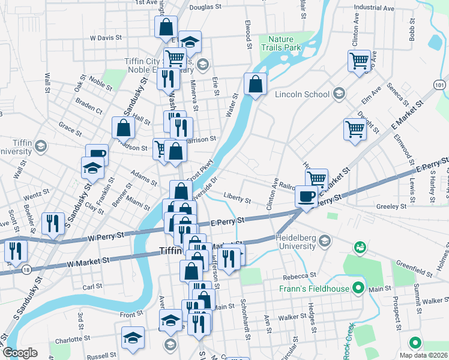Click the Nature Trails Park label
(x=284, y=43)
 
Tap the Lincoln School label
(x=302, y=94)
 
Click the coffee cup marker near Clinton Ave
(x=307, y=196)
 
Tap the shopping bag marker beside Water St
(x=256, y=84)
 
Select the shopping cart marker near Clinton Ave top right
(x=358, y=61)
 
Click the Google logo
(x=20, y=352)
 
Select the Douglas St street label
(x=206, y=8)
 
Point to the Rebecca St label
(x=300, y=277)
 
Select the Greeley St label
(x=391, y=206)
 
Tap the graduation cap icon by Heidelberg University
(x=325, y=241)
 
